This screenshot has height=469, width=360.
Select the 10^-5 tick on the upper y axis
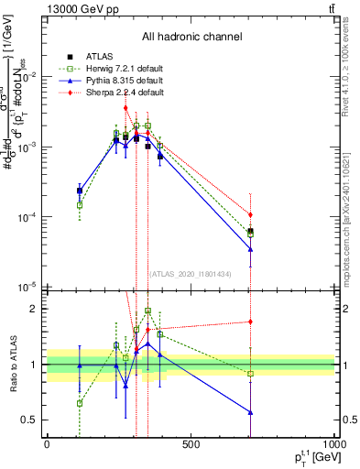pyautogui.click(x=27, y=287)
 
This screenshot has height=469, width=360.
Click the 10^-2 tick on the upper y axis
pyautogui.click(x=27, y=77)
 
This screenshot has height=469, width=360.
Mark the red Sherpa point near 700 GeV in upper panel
pyautogui.click(x=250, y=214)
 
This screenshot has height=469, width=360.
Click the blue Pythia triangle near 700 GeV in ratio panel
pyautogui.click(x=250, y=412)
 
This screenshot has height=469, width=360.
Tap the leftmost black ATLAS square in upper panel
pyautogui.click(x=80, y=191)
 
